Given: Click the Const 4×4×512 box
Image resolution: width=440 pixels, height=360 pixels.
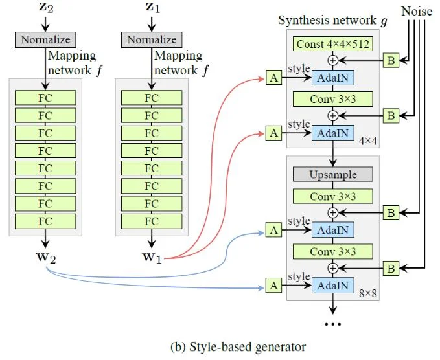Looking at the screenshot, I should pos(332,45).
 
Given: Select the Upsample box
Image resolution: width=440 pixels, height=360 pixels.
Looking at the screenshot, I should pos(332,175).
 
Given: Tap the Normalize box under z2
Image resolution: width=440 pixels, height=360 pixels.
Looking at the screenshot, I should pos(45,40).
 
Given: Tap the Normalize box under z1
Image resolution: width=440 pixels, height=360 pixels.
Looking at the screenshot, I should pos(151,40).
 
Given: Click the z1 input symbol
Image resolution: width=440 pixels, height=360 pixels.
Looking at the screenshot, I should pos(151,7).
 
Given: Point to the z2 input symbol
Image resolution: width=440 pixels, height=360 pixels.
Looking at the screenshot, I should pos(45,7).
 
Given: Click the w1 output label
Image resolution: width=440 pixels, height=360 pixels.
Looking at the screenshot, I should pos(152,257).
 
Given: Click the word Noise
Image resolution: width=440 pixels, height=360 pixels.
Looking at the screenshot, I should pos(417,11).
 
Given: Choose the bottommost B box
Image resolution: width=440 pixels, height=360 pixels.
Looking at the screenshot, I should pos(391,267).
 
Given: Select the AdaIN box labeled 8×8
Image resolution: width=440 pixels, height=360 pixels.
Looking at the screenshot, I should pos(332,286).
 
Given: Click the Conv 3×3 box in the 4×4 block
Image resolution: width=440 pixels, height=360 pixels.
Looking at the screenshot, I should pos(332,99).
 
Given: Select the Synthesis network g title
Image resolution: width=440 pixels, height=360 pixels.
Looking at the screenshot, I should pos(332,20).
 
